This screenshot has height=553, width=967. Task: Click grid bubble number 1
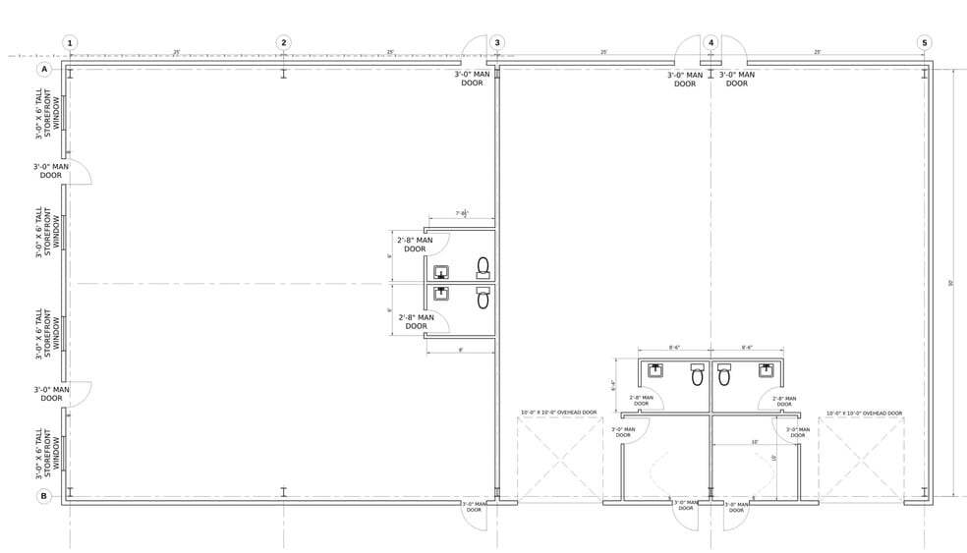click(70, 43)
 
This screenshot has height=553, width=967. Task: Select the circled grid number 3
click(497, 43)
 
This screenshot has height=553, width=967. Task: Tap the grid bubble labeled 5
click(924, 43)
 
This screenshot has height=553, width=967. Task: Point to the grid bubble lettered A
click(43, 71)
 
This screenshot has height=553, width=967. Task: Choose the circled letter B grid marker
click(43, 497)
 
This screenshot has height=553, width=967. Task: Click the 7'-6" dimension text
click(461, 213)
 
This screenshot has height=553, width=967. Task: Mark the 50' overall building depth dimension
click(950, 283)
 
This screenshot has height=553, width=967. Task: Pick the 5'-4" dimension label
click(613, 386)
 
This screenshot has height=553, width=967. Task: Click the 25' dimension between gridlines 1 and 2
click(177, 53)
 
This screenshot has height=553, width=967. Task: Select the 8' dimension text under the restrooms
click(460, 350)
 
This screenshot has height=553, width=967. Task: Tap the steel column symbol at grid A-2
click(283, 75)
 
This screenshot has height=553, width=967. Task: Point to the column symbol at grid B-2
click(283, 491)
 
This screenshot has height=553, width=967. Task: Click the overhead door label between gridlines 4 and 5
click(863, 414)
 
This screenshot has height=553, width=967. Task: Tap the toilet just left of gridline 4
click(697, 374)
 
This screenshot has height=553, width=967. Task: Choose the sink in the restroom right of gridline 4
click(766, 371)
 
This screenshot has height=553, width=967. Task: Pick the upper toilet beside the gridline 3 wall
click(483, 266)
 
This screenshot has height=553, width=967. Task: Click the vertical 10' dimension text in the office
click(773, 458)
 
